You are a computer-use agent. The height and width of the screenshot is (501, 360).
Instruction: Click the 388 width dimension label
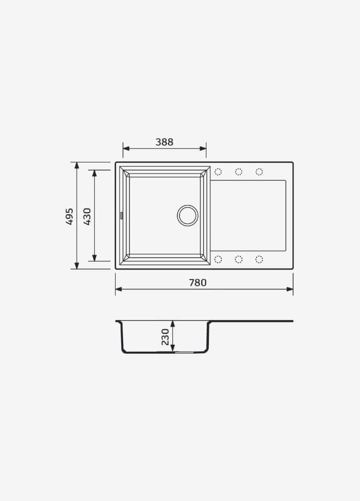coord(164,142)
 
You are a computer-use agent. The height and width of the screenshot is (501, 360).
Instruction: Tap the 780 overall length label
coord(198,283)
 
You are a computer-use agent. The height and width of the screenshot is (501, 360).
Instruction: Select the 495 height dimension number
coord(69,216)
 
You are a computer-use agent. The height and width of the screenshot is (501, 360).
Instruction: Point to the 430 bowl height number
coord(87,216)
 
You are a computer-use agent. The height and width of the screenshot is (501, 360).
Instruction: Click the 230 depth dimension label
coord(165,337)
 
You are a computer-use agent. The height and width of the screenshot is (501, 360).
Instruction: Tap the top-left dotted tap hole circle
coord(218,172)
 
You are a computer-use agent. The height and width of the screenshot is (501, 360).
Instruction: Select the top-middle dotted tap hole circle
coord(239,172)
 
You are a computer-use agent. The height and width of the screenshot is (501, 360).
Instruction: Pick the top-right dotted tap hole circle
coord(259,172)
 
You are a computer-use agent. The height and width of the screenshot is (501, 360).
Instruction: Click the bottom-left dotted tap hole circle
coord(218,259)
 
